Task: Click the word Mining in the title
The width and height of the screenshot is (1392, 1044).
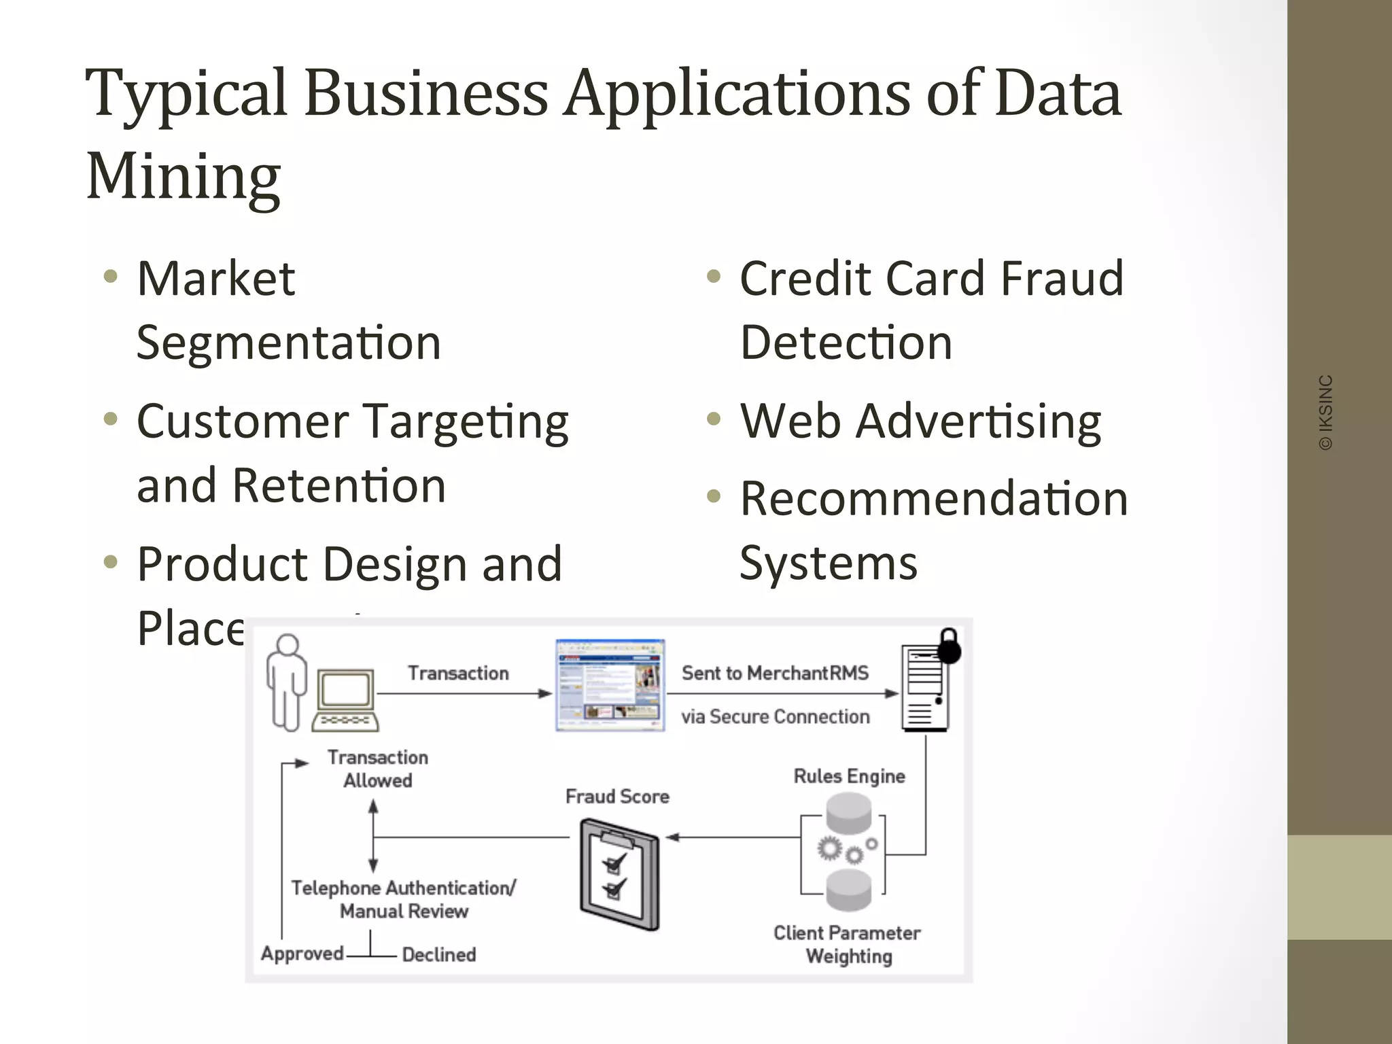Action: pyautogui.click(x=184, y=177)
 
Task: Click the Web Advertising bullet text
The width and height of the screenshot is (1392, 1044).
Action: pyautogui.click(x=920, y=421)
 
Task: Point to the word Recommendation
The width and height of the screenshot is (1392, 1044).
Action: pyautogui.click(x=934, y=499)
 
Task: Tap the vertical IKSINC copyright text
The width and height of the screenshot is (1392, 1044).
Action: pyautogui.click(x=1325, y=412)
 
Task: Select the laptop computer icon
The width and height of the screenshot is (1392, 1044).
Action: pyautogui.click(x=346, y=700)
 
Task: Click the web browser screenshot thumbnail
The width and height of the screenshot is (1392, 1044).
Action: pyautogui.click(x=610, y=685)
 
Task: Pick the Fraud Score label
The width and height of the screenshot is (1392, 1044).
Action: pyautogui.click(x=617, y=797)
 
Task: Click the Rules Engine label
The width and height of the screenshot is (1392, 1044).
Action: pyautogui.click(x=849, y=776)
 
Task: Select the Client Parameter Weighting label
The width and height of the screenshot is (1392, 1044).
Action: pyautogui.click(x=848, y=944)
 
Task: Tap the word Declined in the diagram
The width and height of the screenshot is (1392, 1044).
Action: pyautogui.click(x=439, y=954)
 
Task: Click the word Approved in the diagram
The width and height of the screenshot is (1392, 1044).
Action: pyautogui.click(x=302, y=953)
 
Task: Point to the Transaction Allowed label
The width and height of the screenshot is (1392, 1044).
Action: pyautogui.click(x=378, y=769)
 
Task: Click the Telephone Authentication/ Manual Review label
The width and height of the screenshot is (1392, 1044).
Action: pyautogui.click(x=404, y=899)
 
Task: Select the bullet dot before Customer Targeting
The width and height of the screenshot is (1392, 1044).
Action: pyautogui.click(x=110, y=419)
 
